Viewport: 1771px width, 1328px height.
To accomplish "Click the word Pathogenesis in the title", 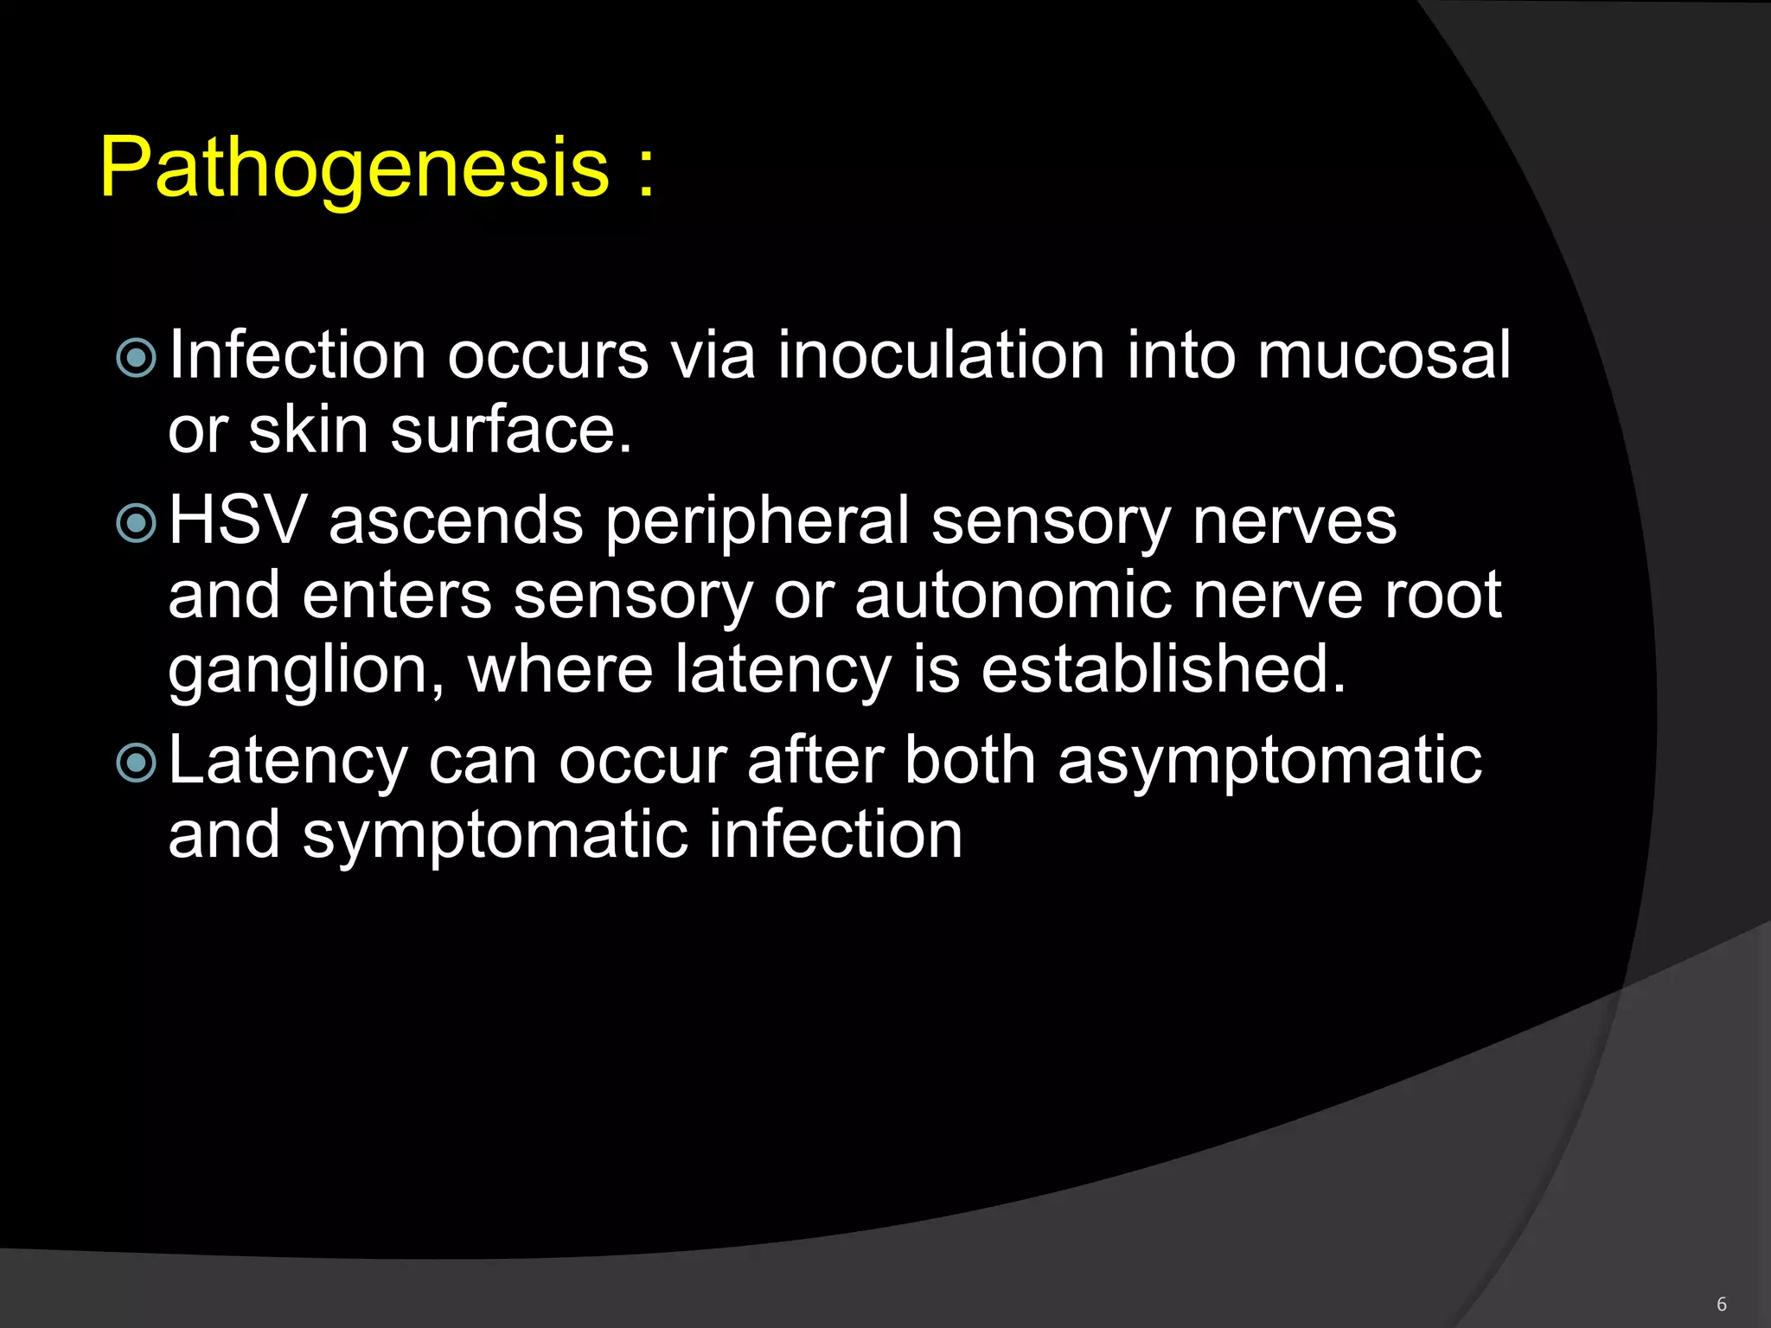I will [355, 169].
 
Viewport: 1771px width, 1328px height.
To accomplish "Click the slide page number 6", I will [1721, 1304].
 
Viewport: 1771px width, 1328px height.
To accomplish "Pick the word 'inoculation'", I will [941, 356].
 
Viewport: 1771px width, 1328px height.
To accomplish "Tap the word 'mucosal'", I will [1384, 356].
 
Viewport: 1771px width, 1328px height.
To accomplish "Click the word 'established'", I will [1163, 670].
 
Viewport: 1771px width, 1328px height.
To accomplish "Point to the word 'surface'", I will [510, 431].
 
